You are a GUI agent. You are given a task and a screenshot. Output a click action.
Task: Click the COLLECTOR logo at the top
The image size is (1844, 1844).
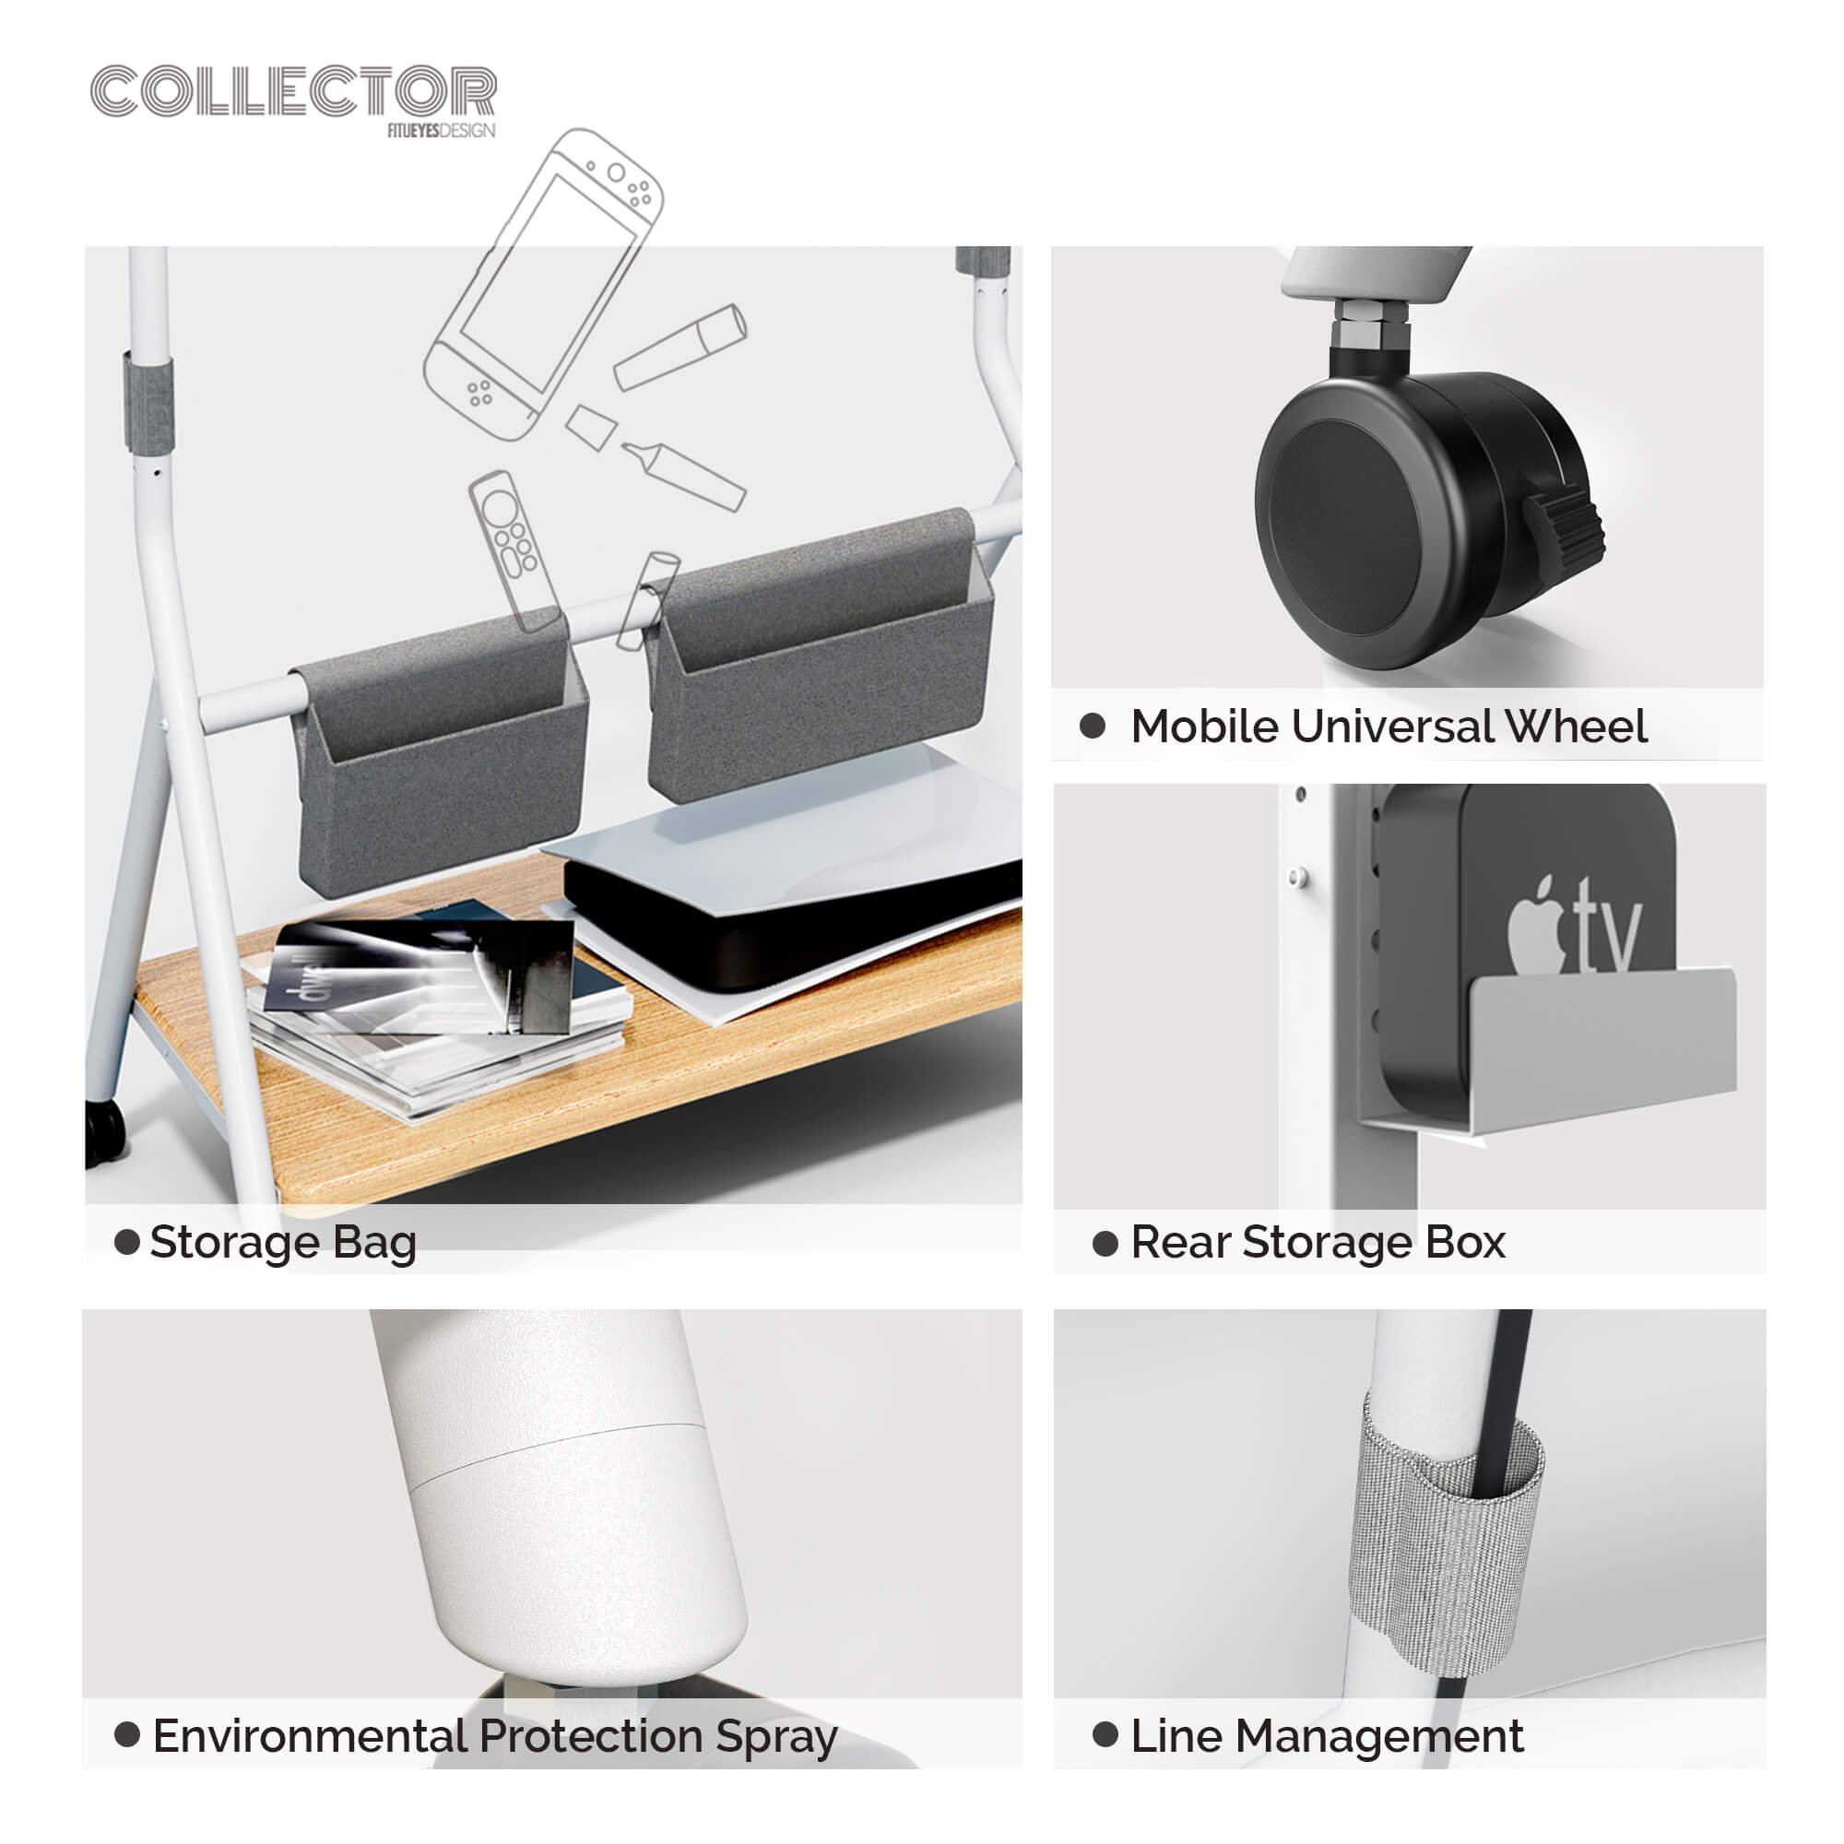coord(294,91)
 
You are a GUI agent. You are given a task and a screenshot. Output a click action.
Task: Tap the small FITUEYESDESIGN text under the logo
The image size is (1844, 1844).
coord(441,131)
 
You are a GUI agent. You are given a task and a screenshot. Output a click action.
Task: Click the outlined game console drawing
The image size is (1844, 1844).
coord(544,284)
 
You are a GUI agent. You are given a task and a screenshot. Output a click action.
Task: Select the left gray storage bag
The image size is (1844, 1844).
coord(440,754)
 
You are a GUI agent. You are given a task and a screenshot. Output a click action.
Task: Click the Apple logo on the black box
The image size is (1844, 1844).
coord(1537,925)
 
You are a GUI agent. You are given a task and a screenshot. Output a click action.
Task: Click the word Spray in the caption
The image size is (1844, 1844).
coord(777,1737)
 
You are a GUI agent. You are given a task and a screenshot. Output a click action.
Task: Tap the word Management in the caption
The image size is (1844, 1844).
coord(1379,1737)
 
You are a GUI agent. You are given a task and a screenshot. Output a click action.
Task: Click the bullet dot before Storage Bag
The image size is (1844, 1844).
coord(127,1242)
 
